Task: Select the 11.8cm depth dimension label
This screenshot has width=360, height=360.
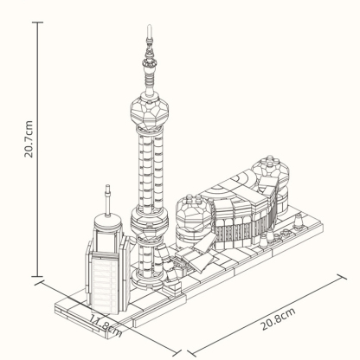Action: coord(107,327)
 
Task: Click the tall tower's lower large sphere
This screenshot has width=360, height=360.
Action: coord(148,223)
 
